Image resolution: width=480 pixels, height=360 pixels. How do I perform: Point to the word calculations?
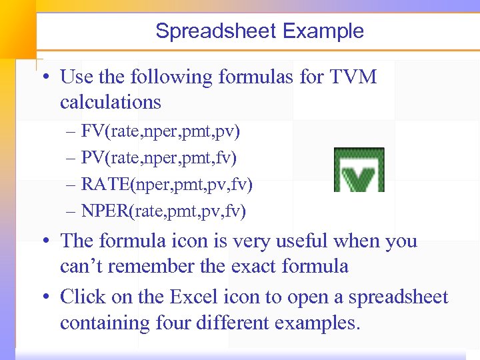point(111,102)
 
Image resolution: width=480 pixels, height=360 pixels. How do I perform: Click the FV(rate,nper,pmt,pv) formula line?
point(161,131)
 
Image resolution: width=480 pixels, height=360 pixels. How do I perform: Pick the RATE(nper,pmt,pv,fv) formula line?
point(167,185)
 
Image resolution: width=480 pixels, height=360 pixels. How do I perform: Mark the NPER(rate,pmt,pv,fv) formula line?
point(163,211)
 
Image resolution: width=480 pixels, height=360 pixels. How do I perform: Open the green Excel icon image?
point(359,170)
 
